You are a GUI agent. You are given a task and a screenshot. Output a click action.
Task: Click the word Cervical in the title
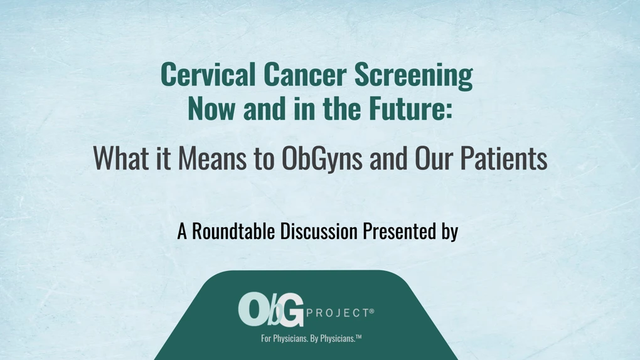(208, 74)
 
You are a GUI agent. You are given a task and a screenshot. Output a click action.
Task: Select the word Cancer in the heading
(305, 74)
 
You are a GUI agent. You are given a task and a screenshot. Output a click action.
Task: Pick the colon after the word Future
(449, 111)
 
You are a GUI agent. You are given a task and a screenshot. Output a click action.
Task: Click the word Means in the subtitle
(212, 158)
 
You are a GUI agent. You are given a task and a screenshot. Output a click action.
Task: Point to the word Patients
(504, 158)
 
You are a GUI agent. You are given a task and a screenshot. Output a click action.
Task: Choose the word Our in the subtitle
(434, 158)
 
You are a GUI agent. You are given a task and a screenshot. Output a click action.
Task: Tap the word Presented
(400, 231)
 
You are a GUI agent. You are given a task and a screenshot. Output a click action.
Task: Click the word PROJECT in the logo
(338, 313)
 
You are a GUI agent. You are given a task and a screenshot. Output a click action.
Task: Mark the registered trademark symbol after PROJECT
(372, 311)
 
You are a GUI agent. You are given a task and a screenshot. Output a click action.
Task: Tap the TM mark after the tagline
(358, 336)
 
